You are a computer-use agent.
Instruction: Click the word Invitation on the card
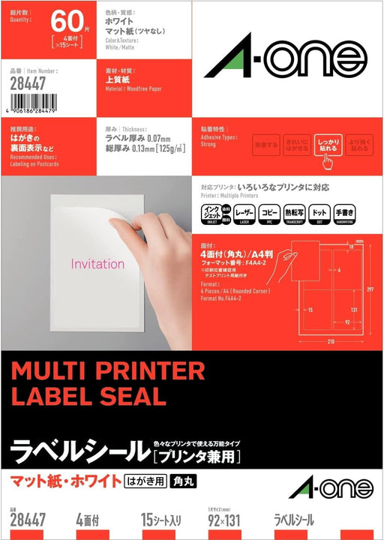click(x=97, y=264)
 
